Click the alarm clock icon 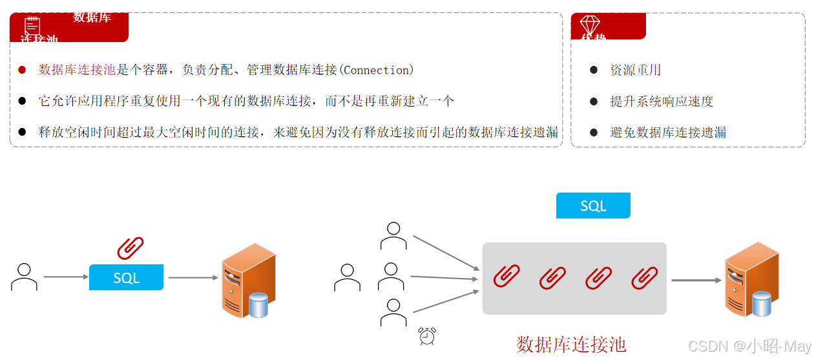[x=427, y=336]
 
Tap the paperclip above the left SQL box [x=130, y=248]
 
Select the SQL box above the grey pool [x=593, y=206]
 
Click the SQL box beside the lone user [x=126, y=277]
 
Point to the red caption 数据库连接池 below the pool [x=571, y=344]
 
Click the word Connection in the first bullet [x=377, y=70]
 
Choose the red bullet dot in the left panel [x=22, y=70]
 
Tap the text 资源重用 [x=635, y=70]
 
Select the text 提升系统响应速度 [x=661, y=101]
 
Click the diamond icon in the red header [x=590, y=25]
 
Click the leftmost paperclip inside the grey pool [x=506, y=277]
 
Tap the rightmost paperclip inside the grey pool [x=645, y=277]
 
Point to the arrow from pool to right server [x=696, y=281]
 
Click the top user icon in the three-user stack [x=393, y=236]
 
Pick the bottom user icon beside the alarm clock [x=393, y=312]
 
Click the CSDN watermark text [x=749, y=346]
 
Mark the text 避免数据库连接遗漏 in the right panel [x=667, y=132]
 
